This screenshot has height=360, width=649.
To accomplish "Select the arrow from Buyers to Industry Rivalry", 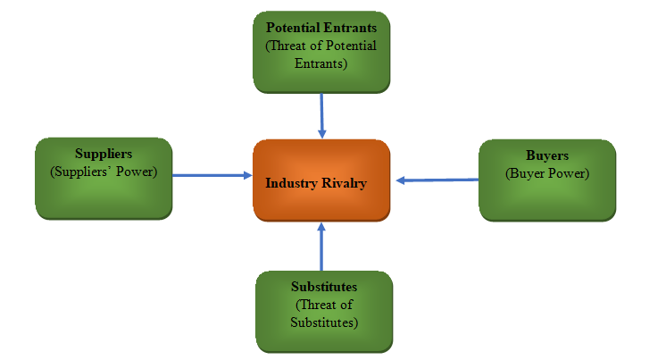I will click(x=437, y=180).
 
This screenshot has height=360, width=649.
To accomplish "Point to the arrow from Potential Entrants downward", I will click(x=321, y=115).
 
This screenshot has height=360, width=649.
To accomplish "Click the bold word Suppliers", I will click(x=104, y=154).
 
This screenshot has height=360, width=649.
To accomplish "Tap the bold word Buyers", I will click(x=547, y=156).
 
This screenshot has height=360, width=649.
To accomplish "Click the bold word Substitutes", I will click(x=324, y=287).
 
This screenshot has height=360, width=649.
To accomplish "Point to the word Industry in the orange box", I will click(x=291, y=182).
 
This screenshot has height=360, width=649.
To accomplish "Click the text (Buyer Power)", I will click(x=547, y=173).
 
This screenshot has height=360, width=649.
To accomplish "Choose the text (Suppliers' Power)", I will click(x=104, y=172).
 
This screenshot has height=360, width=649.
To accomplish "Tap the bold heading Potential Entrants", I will click(x=321, y=28).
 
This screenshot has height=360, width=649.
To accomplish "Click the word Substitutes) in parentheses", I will click(x=324, y=322).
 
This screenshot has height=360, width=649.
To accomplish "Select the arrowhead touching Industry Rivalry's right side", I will click(x=402, y=180).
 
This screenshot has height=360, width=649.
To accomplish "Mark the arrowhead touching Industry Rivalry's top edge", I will click(x=321, y=133).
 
